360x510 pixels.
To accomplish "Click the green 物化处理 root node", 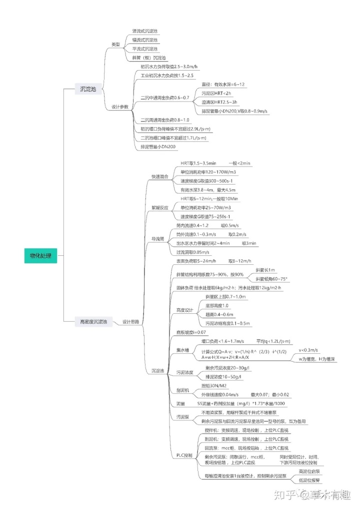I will tap(40, 255).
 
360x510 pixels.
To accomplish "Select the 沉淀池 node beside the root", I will tap(90, 89).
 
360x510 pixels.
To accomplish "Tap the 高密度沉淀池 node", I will tap(90, 321).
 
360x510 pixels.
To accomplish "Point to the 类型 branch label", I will tap(115, 45).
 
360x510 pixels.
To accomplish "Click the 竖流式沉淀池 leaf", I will tap(144, 31).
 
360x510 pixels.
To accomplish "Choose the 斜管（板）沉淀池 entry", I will tap(148, 58).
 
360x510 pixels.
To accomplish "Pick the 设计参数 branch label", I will tap(119, 107).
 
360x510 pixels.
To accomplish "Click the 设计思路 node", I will tap(130, 321).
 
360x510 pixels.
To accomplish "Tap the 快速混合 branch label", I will tap(160, 177).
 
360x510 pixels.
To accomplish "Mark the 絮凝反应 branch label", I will tap(160, 207).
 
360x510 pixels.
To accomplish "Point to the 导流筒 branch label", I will tap(158, 239).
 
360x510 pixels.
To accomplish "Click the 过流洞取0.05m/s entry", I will tap(193, 252).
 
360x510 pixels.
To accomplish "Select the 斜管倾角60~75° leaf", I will tap(271, 279).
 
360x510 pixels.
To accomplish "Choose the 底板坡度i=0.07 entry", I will tap(191, 332).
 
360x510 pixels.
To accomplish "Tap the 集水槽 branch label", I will tap(183, 350).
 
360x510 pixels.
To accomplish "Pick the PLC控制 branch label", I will tap(184, 455).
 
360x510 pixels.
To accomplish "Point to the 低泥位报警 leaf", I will tap(309, 480).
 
